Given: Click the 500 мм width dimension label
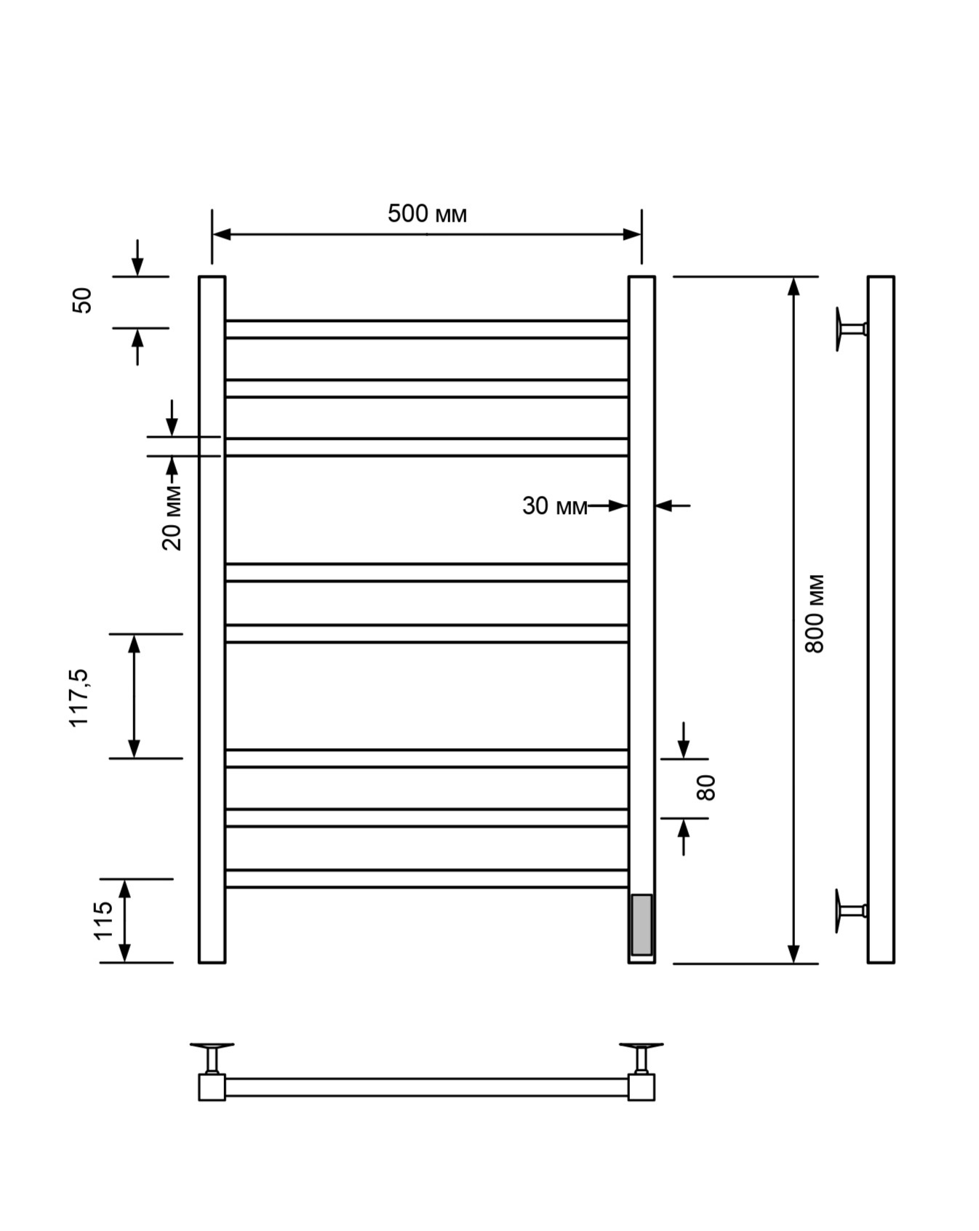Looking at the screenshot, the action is pyautogui.click(x=427, y=214).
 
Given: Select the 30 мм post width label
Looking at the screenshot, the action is pyautogui.click(x=554, y=506).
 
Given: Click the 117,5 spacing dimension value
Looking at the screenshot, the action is pyautogui.click(x=79, y=698).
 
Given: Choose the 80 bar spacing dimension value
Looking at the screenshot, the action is pyautogui.click(x=706, y=787).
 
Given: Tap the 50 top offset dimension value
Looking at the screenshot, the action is pyautogui.click(x=82, y=300).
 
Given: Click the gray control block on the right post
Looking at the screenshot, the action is pyautogui.click(x=642, y=925).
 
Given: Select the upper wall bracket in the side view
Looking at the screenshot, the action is pyautogui.click(x=850, y=329).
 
